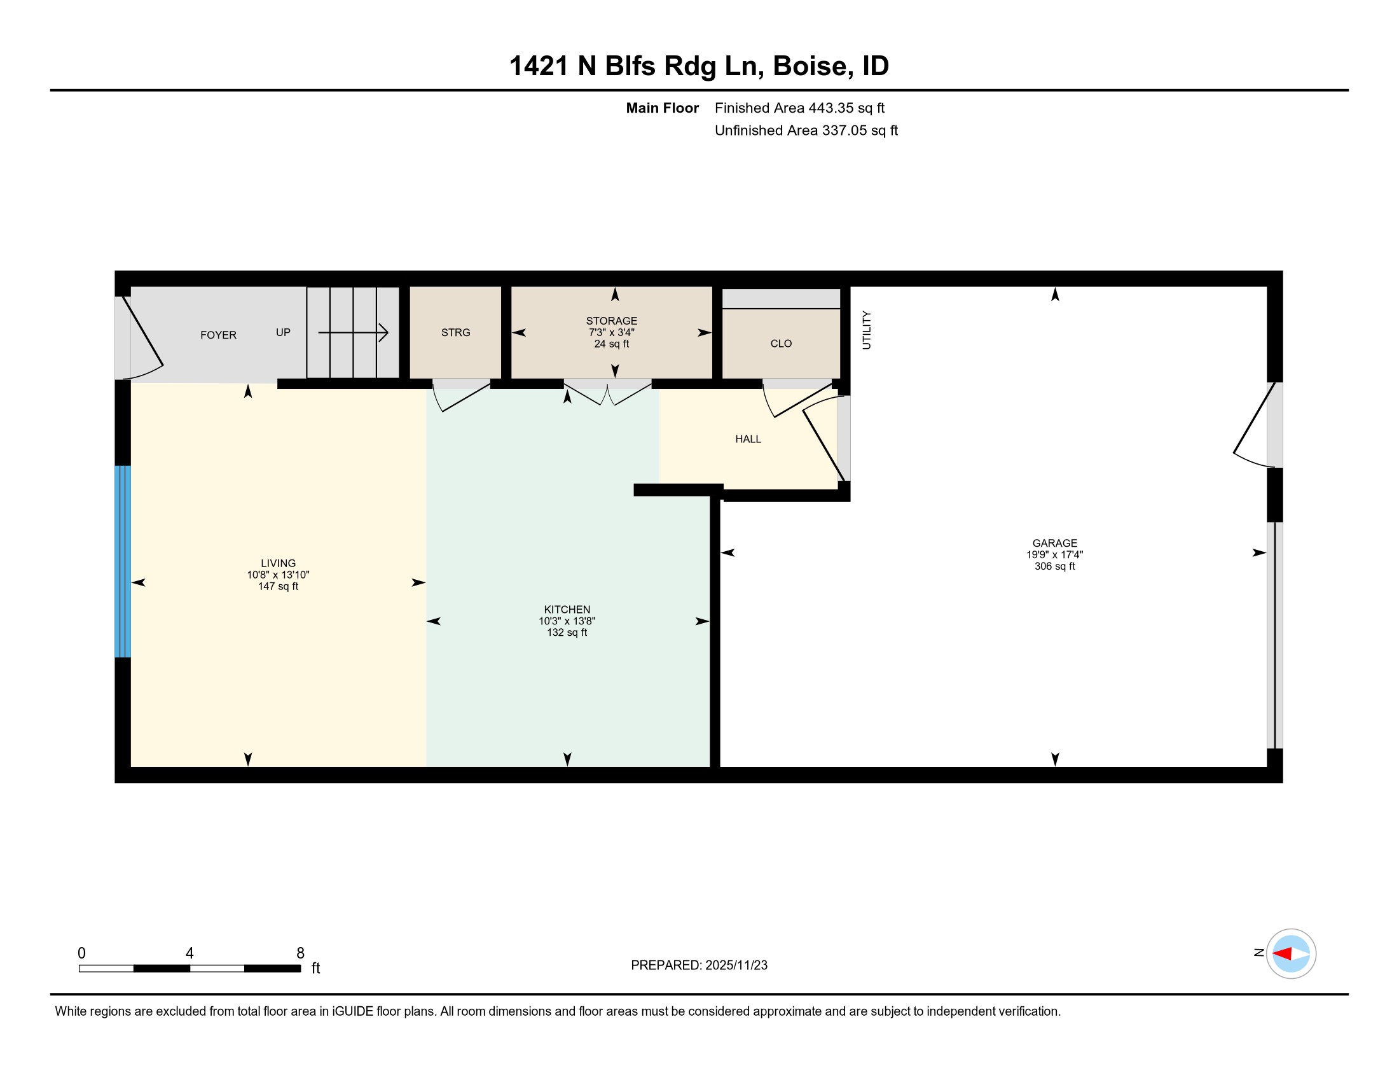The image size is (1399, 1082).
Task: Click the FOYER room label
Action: (x=218, y=335)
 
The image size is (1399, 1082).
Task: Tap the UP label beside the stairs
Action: (x=283, y=332)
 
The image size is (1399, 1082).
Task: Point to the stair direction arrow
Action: (x=353, y=333)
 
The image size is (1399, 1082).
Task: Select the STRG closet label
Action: (x=455, y=332)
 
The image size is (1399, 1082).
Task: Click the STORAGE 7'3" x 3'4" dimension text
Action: (x=612, y=332)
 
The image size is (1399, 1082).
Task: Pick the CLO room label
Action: (x=781, y=344)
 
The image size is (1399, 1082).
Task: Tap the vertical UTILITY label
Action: (x=867, y=330)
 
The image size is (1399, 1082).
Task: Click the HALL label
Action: (x=748, y=439)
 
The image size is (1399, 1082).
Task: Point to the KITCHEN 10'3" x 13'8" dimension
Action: (x=567, y=621)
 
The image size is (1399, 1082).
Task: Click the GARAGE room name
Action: (x=1054, y=543)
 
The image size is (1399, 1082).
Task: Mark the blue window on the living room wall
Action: (x=123, y=561)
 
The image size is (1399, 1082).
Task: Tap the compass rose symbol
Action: (x=1291, y=953)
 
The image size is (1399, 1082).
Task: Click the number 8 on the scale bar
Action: (x=300, y=953)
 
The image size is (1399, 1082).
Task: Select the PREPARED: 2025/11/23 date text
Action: (x=699, y=966)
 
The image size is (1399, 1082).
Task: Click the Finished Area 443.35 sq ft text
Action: (x=799, y=108)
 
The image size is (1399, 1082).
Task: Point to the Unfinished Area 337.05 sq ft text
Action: (x=806, y=130)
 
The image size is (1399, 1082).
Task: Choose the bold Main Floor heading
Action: (x=663, y=108)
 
